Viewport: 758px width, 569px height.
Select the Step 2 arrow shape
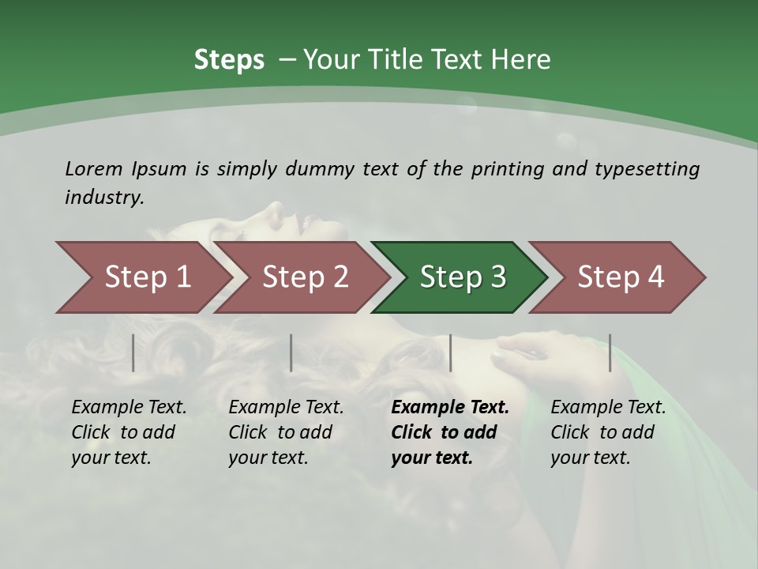tap(304, 277)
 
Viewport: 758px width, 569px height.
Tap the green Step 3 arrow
tap(462, 277)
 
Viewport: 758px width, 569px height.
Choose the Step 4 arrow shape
tap(620, 277)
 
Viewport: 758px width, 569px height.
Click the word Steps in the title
tap(229, 60)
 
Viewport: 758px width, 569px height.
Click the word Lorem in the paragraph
tap(93, 169)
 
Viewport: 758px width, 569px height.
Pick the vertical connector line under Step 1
tap(133, 352)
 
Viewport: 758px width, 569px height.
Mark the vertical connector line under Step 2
tap(291, 352)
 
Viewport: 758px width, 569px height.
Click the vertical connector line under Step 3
tap(450, 352)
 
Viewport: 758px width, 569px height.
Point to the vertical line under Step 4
tap(610, 352)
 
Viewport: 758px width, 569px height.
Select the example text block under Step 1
tap(129, 432)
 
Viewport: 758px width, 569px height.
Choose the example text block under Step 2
tap(286, 432)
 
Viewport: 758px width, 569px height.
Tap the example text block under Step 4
tap(608, 432)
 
